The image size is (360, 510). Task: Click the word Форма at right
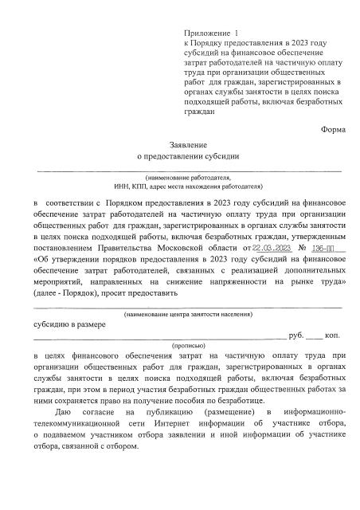click(335, 129)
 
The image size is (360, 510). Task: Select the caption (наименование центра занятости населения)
click(188, 317)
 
